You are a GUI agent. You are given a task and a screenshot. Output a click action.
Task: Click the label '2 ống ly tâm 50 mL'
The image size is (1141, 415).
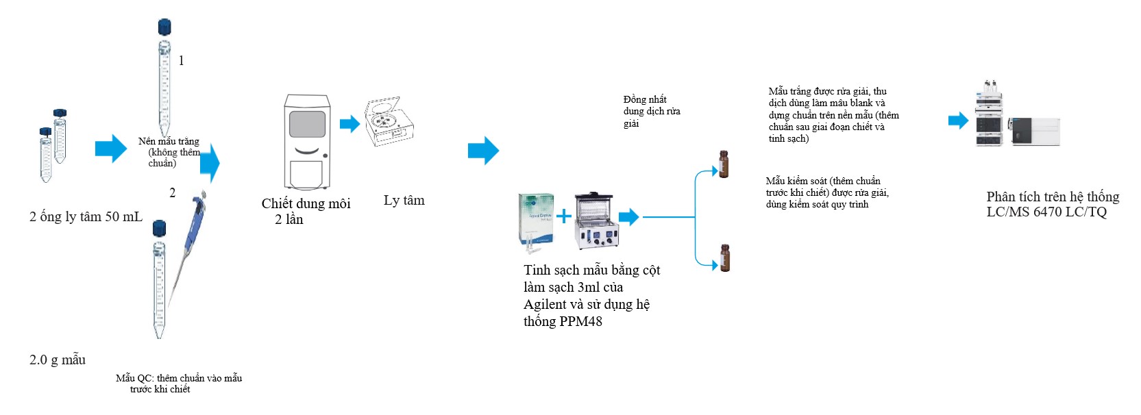(86, 217)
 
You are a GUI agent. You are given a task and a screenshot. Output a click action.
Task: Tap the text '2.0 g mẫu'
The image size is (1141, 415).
(58, 360)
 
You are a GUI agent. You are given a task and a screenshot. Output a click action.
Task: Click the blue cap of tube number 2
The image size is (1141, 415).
(159, 228)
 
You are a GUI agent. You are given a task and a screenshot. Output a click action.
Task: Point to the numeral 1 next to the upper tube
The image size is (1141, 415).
(181, 60)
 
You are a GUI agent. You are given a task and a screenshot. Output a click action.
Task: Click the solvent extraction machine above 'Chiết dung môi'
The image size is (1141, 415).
(307, 142)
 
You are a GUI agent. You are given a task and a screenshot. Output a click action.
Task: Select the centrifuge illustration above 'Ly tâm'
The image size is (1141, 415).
(389, 121)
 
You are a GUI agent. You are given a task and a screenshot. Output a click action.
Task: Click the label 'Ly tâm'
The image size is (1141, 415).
(404, 201)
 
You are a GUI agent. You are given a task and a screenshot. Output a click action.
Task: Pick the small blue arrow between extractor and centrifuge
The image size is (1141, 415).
(349, 124)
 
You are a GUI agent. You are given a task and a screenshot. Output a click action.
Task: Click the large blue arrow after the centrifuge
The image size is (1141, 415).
(483, 151)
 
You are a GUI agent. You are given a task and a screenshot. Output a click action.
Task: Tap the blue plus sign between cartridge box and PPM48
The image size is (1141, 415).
(563, 217)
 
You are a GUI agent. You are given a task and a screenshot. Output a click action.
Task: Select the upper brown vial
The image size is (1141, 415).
(723, 164)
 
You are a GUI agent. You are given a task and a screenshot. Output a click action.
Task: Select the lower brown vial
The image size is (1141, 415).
(724, 258)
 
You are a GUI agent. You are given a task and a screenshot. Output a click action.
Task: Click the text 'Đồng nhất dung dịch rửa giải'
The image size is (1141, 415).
(651, 111)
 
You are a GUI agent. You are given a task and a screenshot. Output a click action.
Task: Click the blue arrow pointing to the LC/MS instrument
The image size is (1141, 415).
(958, 121)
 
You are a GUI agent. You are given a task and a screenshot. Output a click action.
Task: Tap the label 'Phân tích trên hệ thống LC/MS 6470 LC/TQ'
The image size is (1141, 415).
(1052, 204)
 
